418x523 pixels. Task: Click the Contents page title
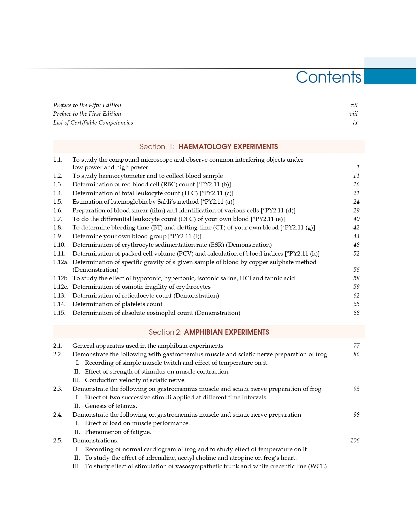[x=328, y=77]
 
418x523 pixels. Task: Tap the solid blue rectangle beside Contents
[x=390, y=77]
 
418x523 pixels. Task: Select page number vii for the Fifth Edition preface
[x=354, y=105]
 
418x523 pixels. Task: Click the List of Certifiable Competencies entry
[x=93, y=123]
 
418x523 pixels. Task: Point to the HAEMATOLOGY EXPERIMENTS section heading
[x=228, y=147]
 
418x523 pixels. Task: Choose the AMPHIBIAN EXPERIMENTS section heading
[x=226, y=332]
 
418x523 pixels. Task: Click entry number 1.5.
[x=58, y=202]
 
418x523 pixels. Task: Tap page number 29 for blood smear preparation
[x=356, y=210]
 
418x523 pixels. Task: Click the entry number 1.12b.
[x=61, y=278]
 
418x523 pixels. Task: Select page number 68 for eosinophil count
[x=356, y=313]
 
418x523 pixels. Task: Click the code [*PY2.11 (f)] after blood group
[x=185, y=236]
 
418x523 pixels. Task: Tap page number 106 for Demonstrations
[x=355, y=440]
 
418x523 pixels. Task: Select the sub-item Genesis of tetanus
[x=111, y=406]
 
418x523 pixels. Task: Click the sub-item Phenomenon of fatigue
[x=118, y=432]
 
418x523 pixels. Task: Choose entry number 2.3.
[x=58, y=389]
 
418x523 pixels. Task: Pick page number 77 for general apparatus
[x=356, y=346]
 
